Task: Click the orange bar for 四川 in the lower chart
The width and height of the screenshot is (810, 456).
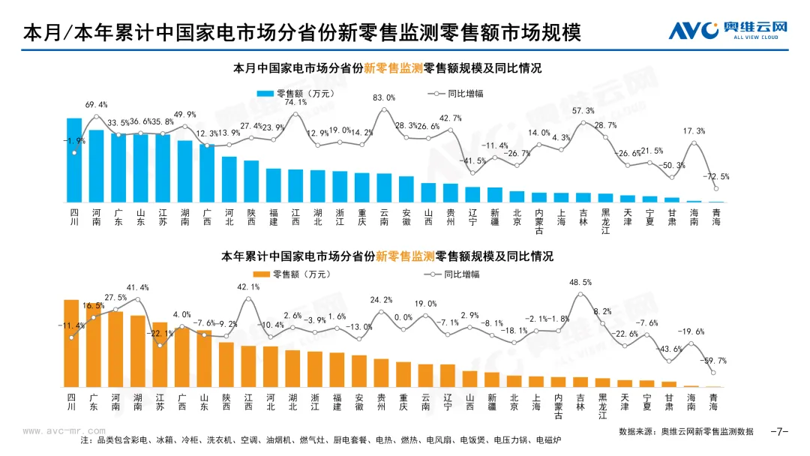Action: click(x=71, y=343)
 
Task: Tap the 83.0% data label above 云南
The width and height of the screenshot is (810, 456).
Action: click(x=384, y=97)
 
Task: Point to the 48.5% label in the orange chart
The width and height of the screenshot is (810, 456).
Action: click(x=580, y=283)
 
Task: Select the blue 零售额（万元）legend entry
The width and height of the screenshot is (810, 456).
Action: click(x=296, y=93)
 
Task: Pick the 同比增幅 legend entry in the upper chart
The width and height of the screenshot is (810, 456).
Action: click(x=457, y=93)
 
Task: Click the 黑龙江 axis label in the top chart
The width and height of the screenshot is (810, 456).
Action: click(x=604, y=221)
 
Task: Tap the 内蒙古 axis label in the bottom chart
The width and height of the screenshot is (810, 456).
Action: click(x=558, y=406)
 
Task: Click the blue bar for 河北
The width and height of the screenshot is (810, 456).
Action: click(x=229, y=179)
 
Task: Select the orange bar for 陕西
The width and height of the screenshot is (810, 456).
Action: click(x=226, y=364)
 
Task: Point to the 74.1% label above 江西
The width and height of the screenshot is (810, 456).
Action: click(x=295, y=103)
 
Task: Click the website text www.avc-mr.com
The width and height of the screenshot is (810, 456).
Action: click(x=65, y=431)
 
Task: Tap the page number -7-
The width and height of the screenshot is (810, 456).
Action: click(x=779, y=431)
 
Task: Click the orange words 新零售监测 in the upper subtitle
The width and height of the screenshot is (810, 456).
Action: click(x=393, y=67)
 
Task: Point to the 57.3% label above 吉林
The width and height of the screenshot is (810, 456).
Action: click(x=583, y=111)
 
